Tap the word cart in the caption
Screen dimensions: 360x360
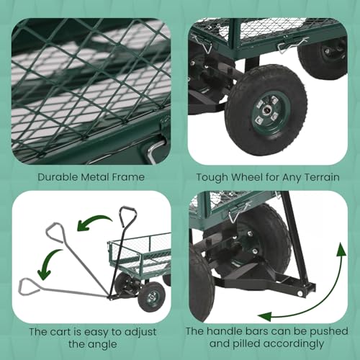tap(68, 333)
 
